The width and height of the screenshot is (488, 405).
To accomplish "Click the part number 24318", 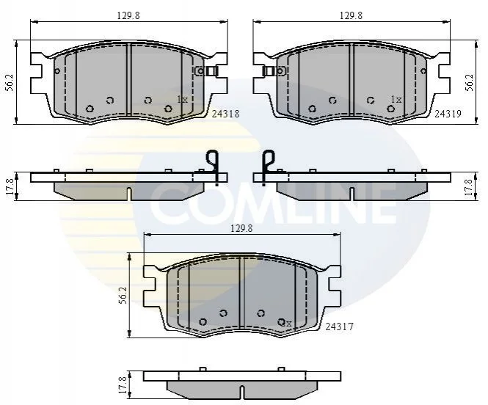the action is pos(225,114).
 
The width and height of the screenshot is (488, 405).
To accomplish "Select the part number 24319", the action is pos(448,114).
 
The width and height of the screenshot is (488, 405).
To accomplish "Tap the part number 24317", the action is pos(339,327).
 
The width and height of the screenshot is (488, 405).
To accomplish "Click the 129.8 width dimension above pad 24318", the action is pos(128,15).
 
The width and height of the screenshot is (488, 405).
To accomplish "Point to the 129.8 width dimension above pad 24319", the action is pos(351,15).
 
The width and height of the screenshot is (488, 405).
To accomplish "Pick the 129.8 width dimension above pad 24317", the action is pos(241,229).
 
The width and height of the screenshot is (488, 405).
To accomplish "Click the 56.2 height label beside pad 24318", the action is pos(10,82).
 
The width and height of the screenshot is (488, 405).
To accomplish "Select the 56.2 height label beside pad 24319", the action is pos(470,82).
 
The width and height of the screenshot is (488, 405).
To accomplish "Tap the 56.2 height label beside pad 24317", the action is pos(123,295).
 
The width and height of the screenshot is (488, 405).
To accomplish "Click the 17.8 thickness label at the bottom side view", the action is pos(123,384).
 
